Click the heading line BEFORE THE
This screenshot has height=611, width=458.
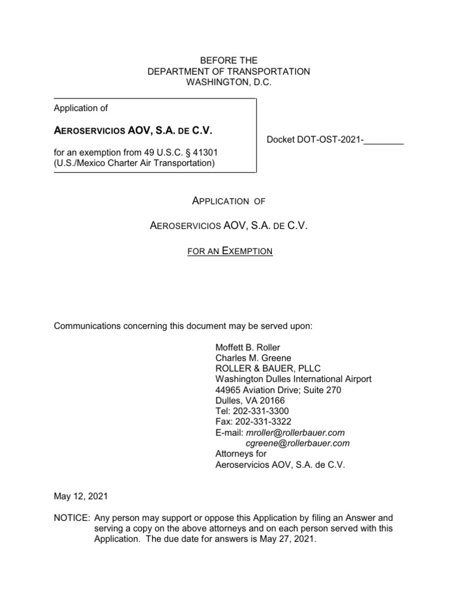click(x=229, y=60)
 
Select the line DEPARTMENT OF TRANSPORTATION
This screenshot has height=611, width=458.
click(x=229, y=72)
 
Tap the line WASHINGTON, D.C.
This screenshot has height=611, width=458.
click(x=229, y=83)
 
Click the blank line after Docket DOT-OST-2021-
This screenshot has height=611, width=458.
click(x=384, y=141)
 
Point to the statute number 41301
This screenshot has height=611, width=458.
click(x=197, y=152)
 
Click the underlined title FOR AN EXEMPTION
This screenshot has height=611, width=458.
click(x=229, y=252)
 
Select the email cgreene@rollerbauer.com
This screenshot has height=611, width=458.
click(x=298, y=443)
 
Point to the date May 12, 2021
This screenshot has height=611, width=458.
click(x=81, y=496)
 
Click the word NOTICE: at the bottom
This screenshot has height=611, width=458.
click(x=72, y=517)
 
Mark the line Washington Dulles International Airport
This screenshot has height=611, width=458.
click(x=293, y=379)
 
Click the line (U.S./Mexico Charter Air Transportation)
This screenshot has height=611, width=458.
click(x=134, y=162)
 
